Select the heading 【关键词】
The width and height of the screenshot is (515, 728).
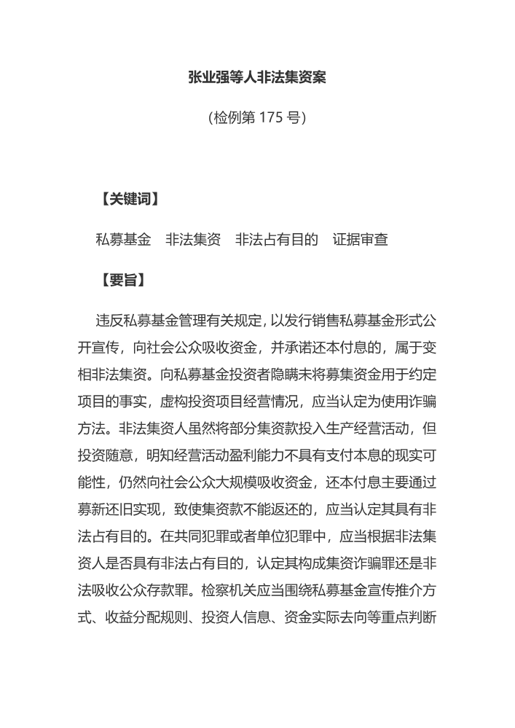tap(128, 199)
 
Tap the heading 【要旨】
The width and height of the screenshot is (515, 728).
tap(121, 280)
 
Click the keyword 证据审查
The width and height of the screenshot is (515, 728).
tap(361, 239)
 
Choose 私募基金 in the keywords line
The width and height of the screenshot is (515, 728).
tap(124, 239)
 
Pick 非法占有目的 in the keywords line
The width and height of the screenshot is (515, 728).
tap(277, 239)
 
